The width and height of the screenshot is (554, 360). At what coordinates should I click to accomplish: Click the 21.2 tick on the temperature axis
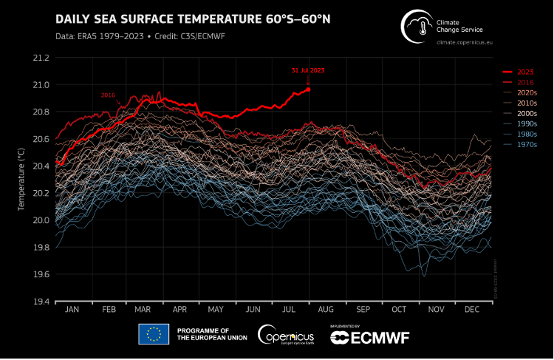pyautogui.click(x=41, y=58)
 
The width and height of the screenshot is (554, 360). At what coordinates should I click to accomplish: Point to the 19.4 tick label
pyautogui.click(x=41, y=302)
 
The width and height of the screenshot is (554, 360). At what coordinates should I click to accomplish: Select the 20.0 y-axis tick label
pyautogui.click(x=41, y=220)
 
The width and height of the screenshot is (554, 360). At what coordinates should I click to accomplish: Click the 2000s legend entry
pyautogui.click(x=527, y=113)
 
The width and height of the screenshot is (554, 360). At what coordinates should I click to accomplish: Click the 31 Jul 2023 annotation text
pyautogui.click(x=307, y=70)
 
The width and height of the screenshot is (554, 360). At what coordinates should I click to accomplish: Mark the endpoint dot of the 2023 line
pyautogui.click(x=308, y=89)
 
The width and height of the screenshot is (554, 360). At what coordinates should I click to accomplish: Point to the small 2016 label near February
pyautogui.click(x=109, y=95)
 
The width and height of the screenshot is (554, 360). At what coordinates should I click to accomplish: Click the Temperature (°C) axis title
pyautogui.click(x=22, y=179)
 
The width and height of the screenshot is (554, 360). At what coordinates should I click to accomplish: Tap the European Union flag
pyautogui.click(x=154, y=335)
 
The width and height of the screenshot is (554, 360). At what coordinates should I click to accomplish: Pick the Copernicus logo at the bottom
pyautogui.click(x=286, y=335)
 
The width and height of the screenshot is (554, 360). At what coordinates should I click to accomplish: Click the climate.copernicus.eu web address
pyautogui.click(x=464, y=43)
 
